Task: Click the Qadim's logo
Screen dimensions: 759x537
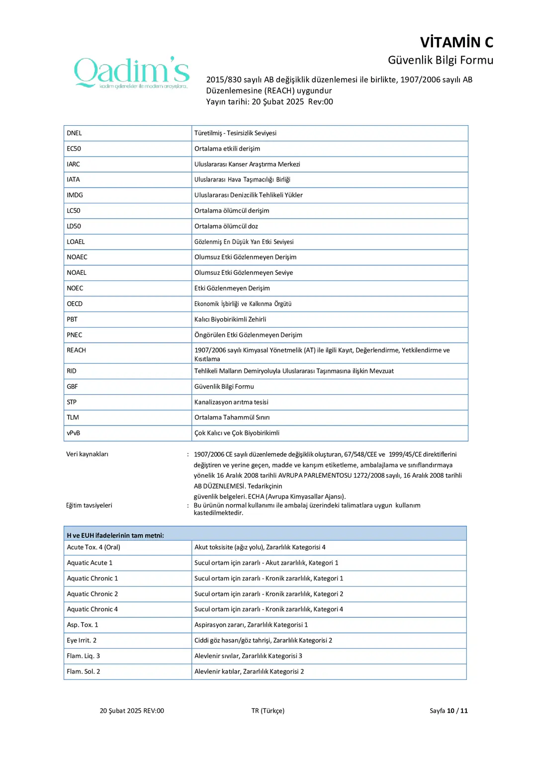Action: [x=132, y=73]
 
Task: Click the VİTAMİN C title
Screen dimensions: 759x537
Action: [x=456, y=42]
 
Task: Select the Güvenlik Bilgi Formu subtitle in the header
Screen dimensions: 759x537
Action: [x=440, y=60]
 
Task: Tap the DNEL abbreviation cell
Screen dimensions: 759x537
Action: [x=75, y=133]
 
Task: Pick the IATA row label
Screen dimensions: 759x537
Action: [x=74, y=179]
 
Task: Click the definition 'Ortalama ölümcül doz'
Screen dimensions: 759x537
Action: [x=226, y=226]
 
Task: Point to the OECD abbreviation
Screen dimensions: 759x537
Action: [x=75, y=304]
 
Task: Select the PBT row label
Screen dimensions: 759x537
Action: [x=73, y=319]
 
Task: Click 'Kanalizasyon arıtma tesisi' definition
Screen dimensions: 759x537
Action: [x=231, y=402]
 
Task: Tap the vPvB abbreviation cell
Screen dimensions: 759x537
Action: [x=74, y=433]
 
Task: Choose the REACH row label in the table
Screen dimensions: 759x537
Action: [x=77, y=350]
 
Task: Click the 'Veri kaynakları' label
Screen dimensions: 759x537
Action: [x=88, y=454]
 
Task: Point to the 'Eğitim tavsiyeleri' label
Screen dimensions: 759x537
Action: [x=89, y=506]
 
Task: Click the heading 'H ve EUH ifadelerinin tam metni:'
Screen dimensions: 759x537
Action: [x=115, y=535]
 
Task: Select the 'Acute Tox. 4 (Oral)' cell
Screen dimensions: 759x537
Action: [x=93, y=547]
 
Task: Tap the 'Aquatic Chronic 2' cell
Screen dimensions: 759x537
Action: [x=92, y=594]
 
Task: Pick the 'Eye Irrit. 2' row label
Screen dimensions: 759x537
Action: [x=82, y=640]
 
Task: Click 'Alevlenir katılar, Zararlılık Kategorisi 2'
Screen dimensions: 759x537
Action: [x=249, y=672]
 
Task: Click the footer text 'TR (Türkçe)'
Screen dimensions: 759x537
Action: [x=268, y=711]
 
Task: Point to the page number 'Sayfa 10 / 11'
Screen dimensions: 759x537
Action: [x=448, y=711]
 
